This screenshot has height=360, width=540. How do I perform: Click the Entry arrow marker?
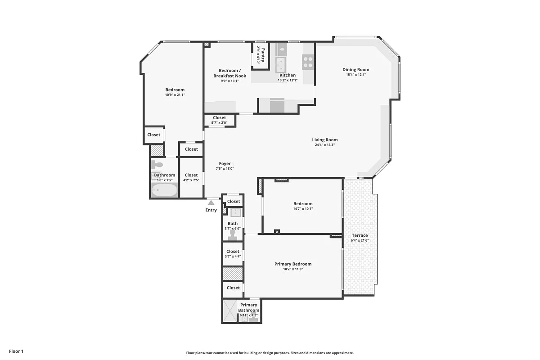coord(211,203)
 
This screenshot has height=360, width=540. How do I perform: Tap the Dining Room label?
coord(355,69)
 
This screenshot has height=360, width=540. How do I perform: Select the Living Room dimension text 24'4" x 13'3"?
coord(325,145)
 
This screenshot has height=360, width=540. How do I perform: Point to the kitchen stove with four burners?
coord(308,62)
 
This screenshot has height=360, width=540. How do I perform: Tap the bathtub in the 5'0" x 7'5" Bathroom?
coord(164,191)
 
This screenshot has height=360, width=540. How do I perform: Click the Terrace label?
coord(359,235)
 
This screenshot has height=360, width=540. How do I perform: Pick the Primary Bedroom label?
coord(293,264)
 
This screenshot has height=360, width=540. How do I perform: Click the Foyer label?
coord(225,164)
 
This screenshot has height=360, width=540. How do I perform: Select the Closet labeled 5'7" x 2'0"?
coord(220,120)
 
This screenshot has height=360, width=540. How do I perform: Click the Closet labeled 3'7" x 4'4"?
coord(233,254)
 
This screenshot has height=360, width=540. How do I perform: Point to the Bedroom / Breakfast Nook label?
coord(229,73)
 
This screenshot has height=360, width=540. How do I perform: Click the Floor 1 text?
coord(16,351)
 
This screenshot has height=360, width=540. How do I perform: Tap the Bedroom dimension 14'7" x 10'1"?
coord(302,209)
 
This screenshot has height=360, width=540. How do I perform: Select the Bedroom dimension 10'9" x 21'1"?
coord(175,95)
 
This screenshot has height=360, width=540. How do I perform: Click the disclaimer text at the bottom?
coord(270,353)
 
